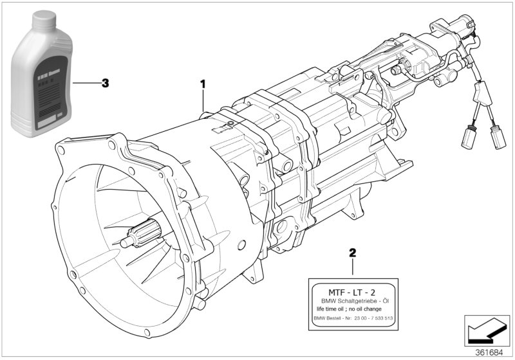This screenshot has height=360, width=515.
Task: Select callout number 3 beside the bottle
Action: point(106,83)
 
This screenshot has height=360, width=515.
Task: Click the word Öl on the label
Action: point(384,300)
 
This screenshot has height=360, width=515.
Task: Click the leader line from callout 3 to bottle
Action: point(84,83)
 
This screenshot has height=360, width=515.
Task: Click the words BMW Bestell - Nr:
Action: point(333,319)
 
